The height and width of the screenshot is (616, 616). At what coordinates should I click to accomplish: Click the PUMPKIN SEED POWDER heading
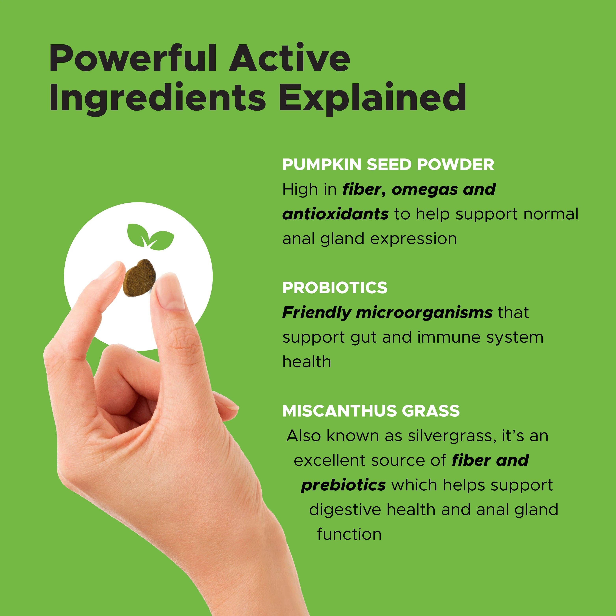[388, 165]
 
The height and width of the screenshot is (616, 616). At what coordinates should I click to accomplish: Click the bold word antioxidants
[335, 214]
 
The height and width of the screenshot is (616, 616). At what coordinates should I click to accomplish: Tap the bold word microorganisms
[424, 313]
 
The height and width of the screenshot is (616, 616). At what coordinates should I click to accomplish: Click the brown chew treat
[139, 278]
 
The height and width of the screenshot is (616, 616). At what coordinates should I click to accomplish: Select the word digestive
[345, 510]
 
